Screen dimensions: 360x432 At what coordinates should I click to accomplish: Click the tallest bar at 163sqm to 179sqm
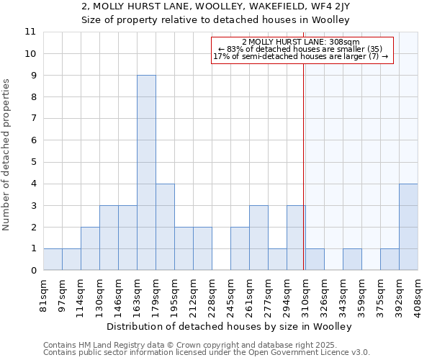pyautogui.click(x=146, y=173)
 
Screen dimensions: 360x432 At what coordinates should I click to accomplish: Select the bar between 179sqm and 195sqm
pyautogui.click(x=165, y=227)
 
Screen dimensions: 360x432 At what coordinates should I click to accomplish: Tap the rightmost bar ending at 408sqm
pyautogui.click(x=408, y=227)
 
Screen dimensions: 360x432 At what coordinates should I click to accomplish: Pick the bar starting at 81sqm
pyautogui.click(x=53, y=259)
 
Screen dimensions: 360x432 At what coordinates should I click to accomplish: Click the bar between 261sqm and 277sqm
pyautogui.click(x=258, y=238)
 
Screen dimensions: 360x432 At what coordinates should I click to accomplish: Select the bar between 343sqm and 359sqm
pyautogui.click(x=352, y=259)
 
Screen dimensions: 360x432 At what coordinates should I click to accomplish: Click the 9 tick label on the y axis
pyautogui.click(x=32, y=76)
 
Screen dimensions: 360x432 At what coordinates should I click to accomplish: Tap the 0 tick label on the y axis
pyautogui.click(x=32, y=271)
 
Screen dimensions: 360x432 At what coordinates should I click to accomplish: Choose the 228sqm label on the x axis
pyautogui.click(x=212, y=295)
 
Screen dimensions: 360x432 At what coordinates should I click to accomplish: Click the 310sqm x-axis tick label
pyautogui.click(x=306, y=295)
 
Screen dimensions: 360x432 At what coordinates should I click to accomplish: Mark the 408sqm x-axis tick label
pyautogui.click(x=418, y=295)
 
